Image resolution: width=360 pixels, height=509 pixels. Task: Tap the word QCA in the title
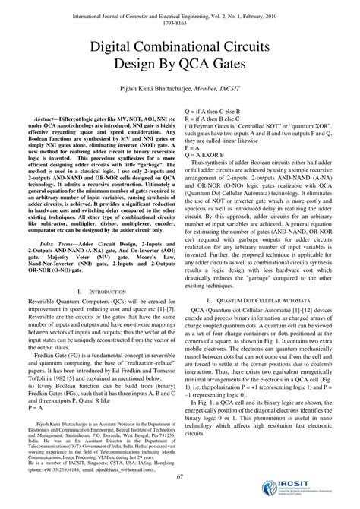[201, 66]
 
